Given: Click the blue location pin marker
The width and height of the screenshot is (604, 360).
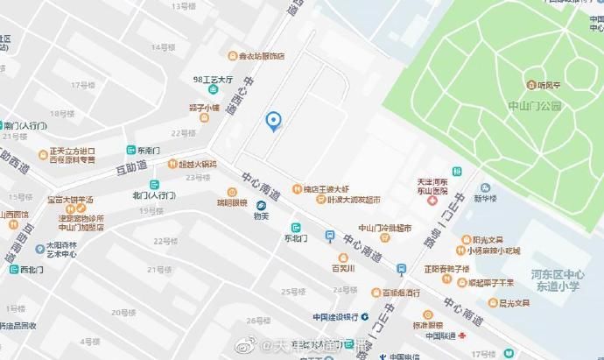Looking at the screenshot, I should (273, 122).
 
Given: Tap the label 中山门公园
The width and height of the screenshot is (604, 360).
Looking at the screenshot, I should (533, 106).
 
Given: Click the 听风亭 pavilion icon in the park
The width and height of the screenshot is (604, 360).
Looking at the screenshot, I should (531, 85).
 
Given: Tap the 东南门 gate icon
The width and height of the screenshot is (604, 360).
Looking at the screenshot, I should (130, 150).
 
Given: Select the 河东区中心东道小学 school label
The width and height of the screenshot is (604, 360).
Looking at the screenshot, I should (567, 279).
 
